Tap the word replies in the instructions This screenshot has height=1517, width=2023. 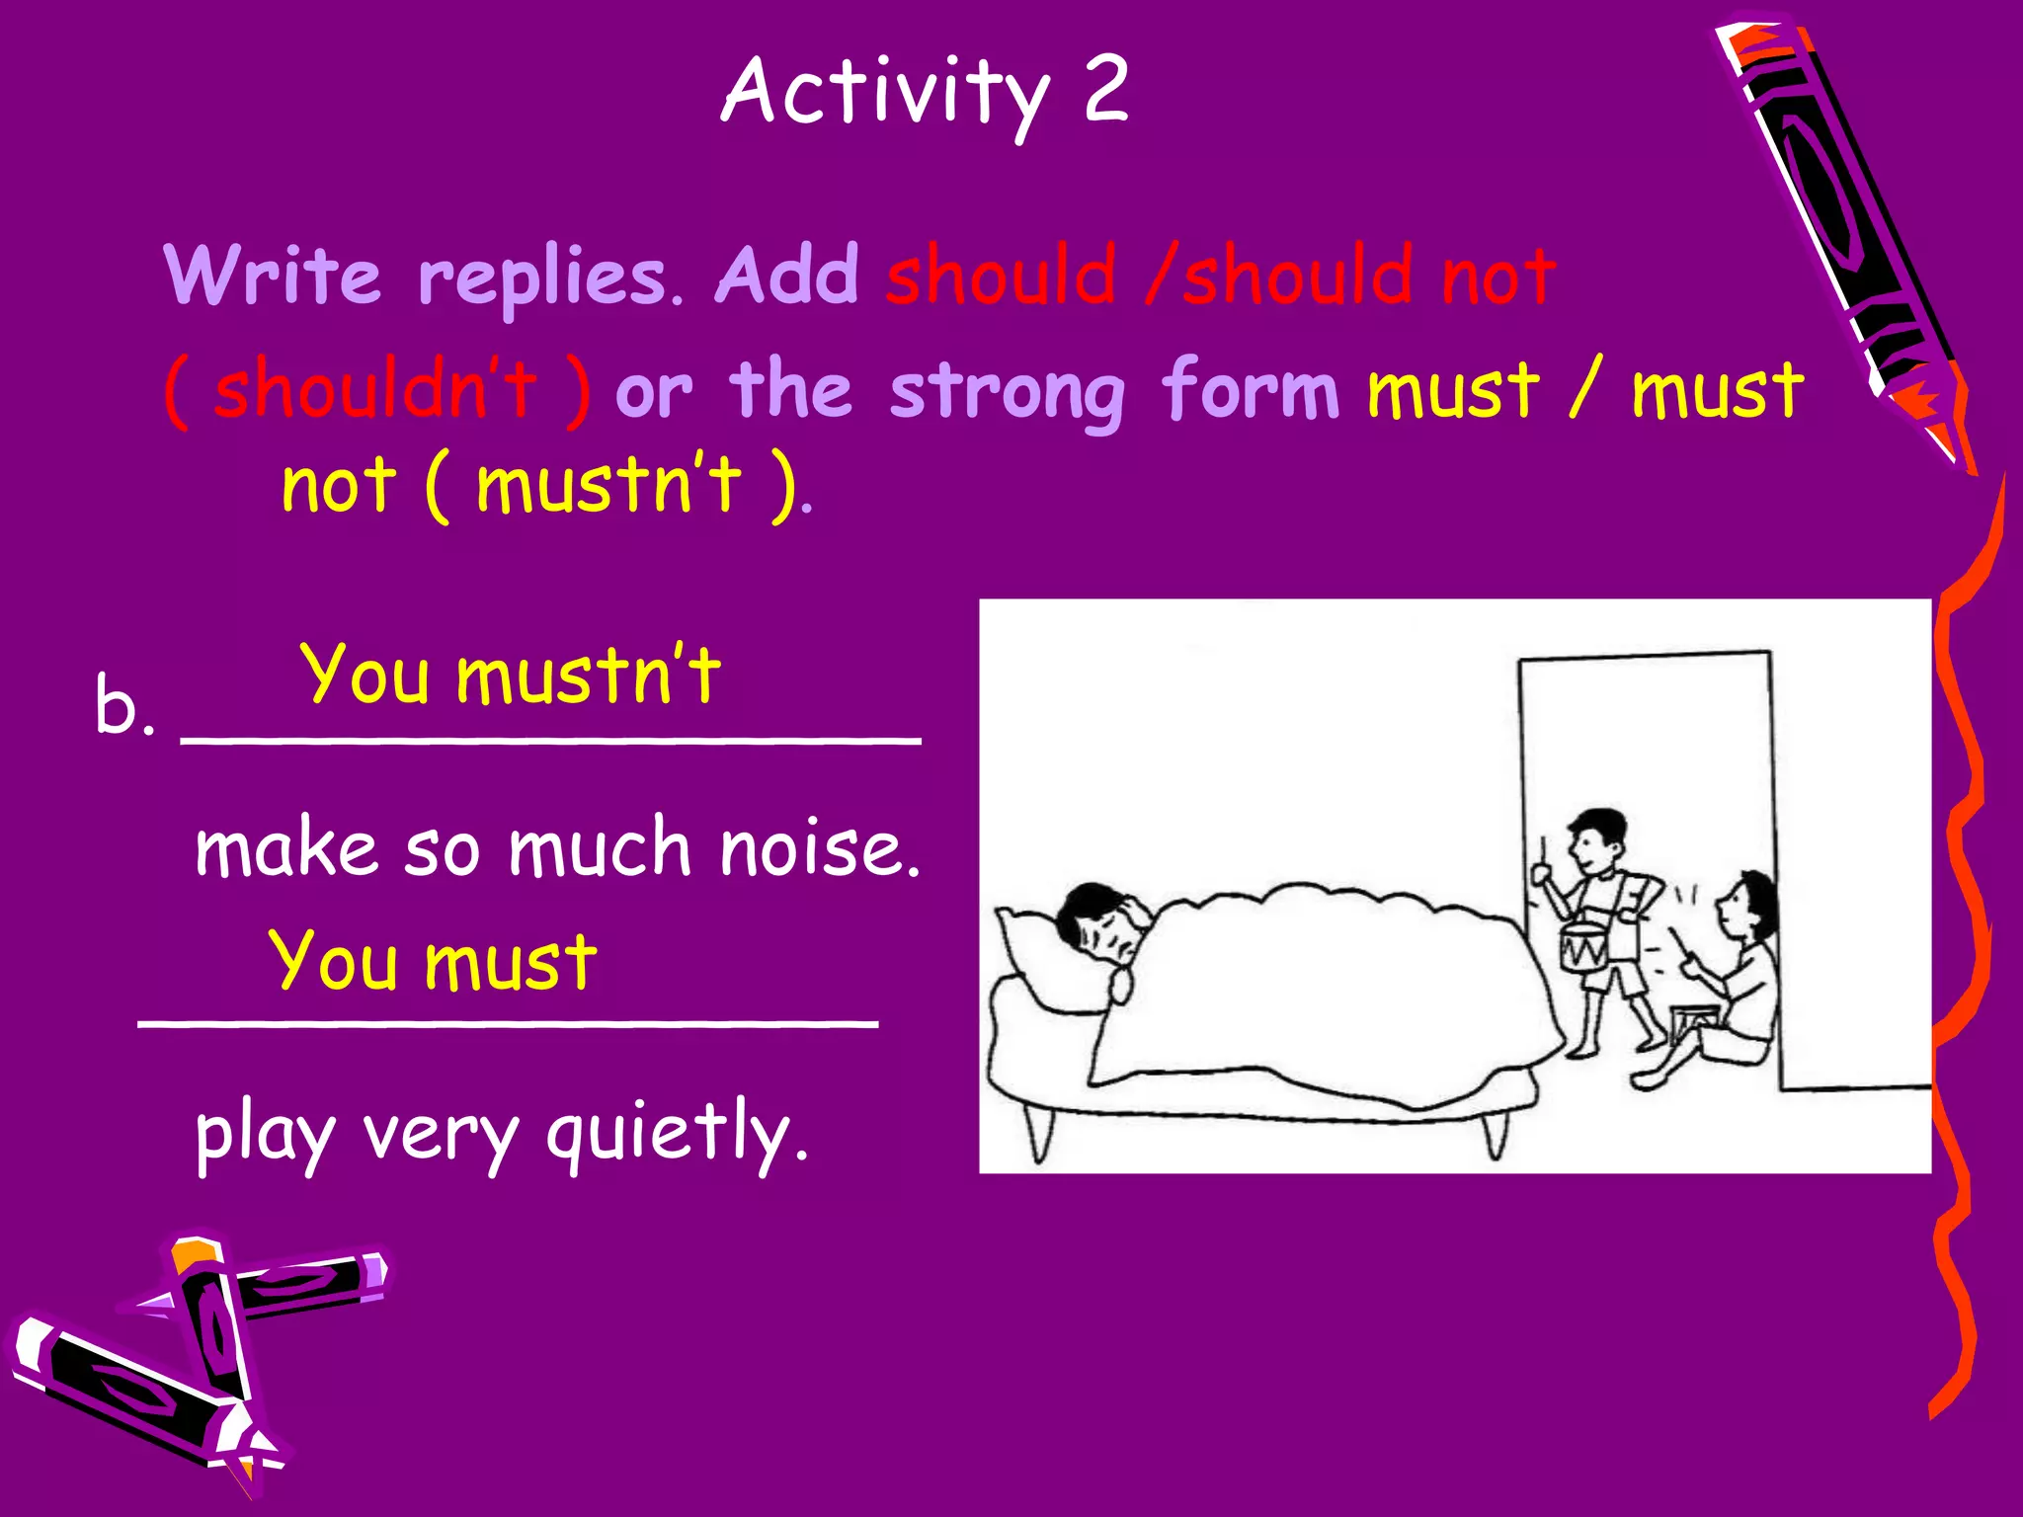point(541,279)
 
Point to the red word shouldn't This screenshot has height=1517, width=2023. point(376,390)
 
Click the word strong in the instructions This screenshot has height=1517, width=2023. point(1007,393)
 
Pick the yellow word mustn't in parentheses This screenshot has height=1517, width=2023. point(607,485)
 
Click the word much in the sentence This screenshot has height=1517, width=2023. point(599,849)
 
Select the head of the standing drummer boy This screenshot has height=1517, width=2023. point(1596,839)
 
